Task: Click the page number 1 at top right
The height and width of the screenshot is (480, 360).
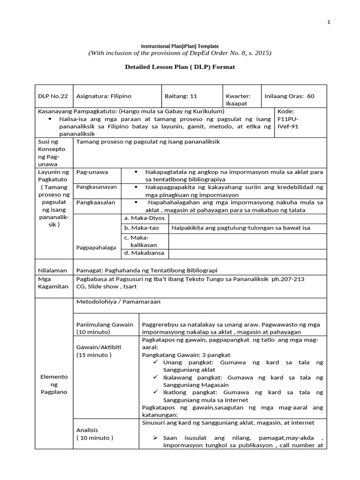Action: click(x=330, y=22)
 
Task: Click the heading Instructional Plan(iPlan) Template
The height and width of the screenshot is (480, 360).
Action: click(x=180, y=46)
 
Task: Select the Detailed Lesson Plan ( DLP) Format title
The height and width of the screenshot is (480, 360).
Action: click(x=180, y=67)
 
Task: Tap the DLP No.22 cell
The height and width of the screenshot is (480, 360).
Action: click(x=53, y=96)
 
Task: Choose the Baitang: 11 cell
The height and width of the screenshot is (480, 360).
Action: click(x=181, y=96)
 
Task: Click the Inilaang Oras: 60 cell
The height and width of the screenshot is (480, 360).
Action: click(x=289, y=96)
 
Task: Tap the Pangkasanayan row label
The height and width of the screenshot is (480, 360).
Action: click(x=95, y=187)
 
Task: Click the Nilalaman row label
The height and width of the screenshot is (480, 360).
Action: click(x=52, y=270)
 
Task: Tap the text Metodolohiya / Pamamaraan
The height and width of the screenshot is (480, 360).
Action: click(x=118, y=301)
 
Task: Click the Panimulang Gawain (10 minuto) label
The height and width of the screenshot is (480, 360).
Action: click(x=105, y=328)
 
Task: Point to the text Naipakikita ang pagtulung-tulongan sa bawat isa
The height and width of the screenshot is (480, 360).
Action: click(x=241, y=228)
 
